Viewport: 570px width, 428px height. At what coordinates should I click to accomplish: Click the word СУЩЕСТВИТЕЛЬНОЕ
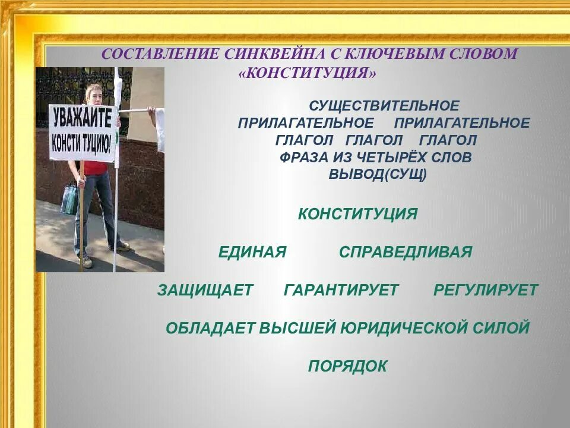(384, 106)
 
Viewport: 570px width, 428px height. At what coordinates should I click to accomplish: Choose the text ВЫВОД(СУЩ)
(378, 175)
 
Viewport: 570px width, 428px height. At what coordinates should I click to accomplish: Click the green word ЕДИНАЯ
(252, 252)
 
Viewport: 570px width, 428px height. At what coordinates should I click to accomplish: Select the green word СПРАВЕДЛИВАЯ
(406, 252)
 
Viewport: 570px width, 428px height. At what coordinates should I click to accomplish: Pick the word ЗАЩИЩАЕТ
(205, 290)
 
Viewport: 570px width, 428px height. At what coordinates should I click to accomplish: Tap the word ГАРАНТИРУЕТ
(341, 290)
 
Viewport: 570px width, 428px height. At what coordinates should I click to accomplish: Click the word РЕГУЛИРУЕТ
(486, 290)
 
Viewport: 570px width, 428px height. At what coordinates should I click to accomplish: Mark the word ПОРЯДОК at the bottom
(347, 366)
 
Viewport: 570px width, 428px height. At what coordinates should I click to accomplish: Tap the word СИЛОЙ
(502, 328)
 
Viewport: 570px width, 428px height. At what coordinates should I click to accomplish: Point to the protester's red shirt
(95, 167)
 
